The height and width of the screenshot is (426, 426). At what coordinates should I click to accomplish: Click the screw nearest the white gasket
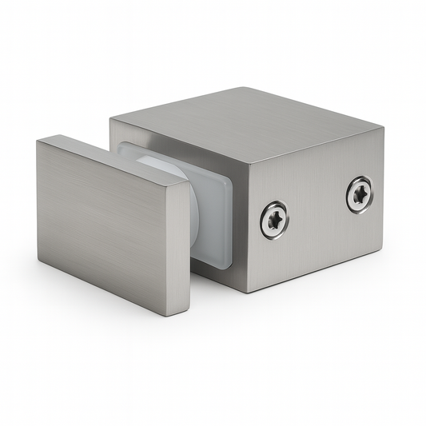[274, 218]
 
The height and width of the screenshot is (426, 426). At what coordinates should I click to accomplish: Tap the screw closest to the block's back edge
[359, 194]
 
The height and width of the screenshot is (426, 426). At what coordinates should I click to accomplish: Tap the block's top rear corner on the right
[382, 127]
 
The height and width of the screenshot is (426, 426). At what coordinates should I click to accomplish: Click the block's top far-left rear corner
[111, 121]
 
